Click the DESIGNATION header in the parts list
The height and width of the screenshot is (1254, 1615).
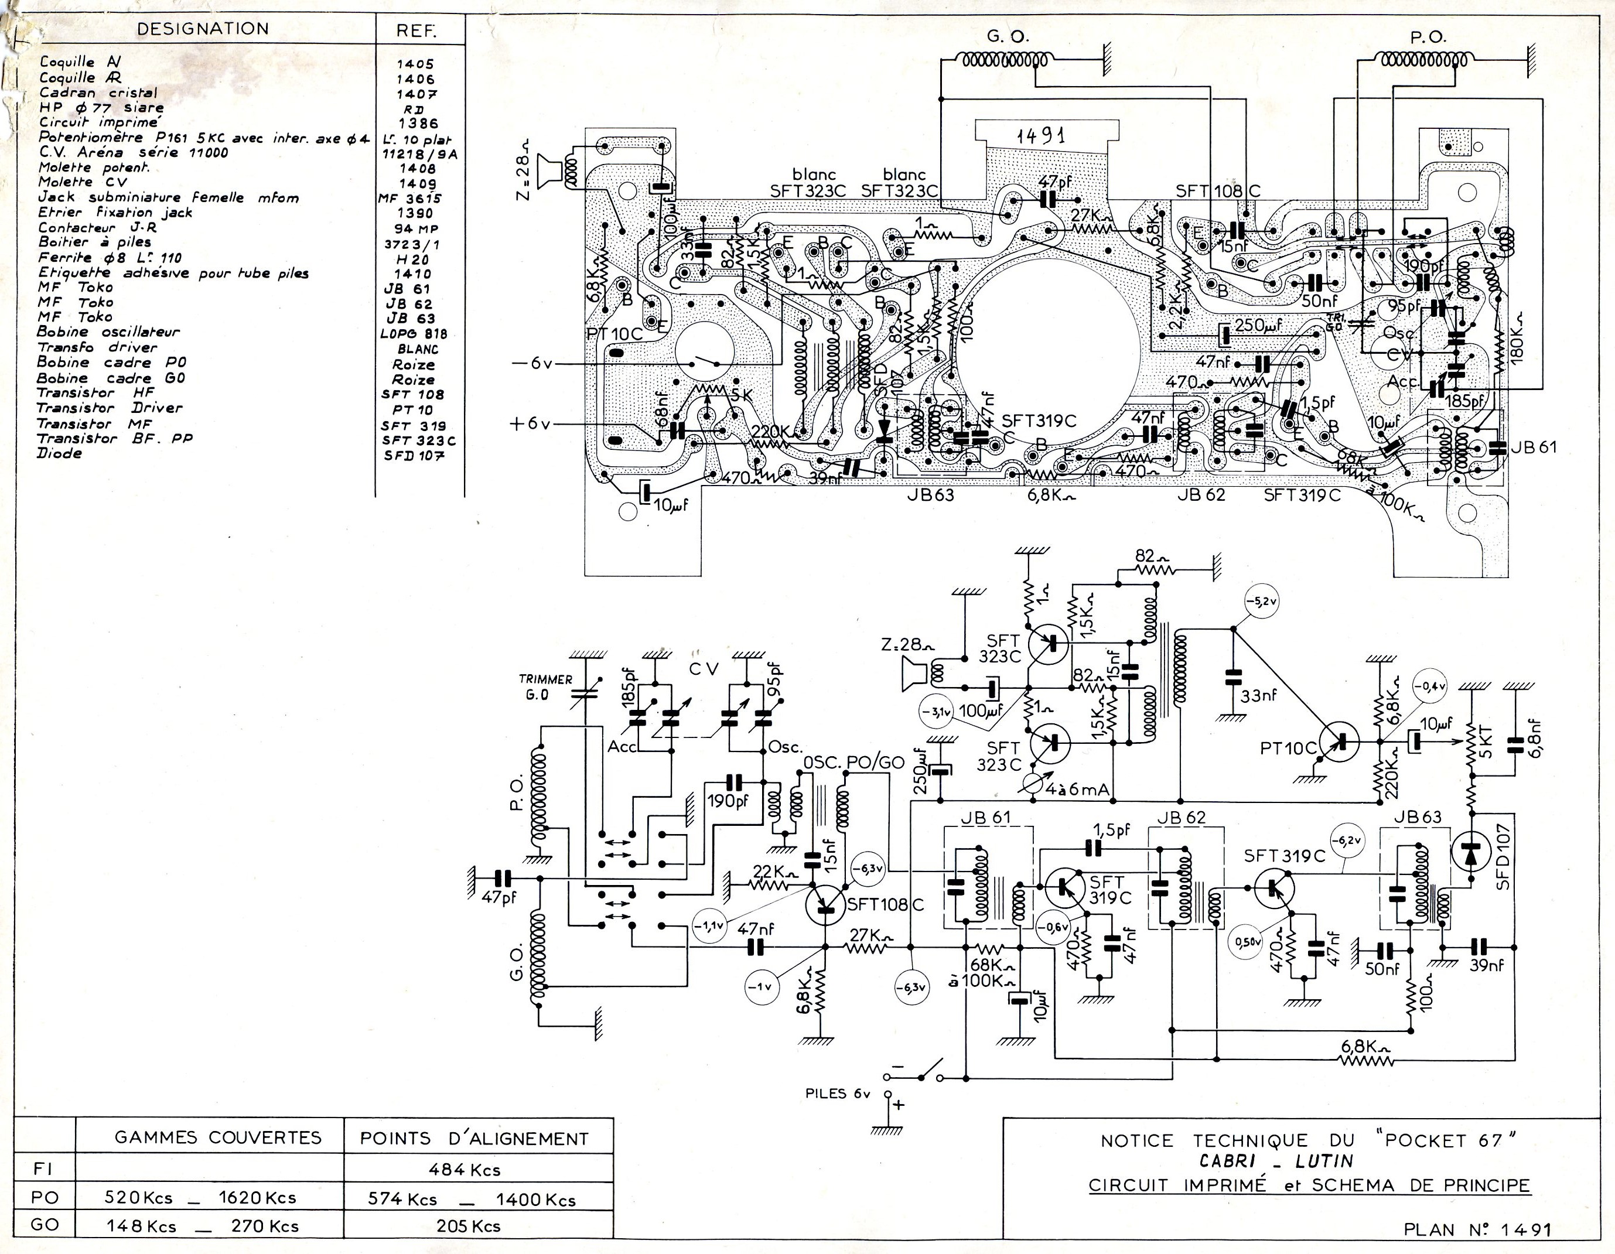click(x=203, y=29)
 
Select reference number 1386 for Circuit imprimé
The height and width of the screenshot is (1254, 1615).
click(x=418, y=124)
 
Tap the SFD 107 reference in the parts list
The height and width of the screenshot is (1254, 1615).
click(x=414, y=456)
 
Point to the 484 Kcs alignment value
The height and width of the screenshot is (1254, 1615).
click(x=465, y=1169)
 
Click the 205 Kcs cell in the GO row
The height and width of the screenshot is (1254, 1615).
click(x=468, y=1226)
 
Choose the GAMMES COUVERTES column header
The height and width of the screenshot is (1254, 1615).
click(x=218, y=1137)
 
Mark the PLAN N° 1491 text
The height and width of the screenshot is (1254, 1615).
click(x=1477, y=1229)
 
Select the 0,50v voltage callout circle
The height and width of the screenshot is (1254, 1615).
click(x=1248, y=942)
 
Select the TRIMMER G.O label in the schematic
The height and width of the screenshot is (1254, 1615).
click(x=545, y=686)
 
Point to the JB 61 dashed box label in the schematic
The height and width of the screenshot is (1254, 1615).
click(x=984, y=818)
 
